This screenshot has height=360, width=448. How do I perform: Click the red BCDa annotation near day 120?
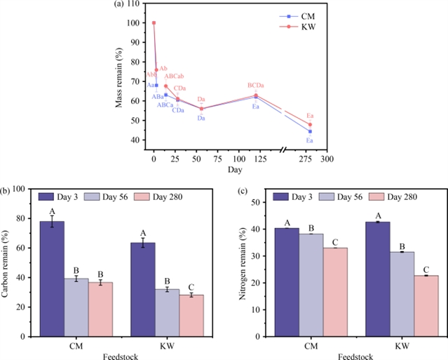(256, 86)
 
